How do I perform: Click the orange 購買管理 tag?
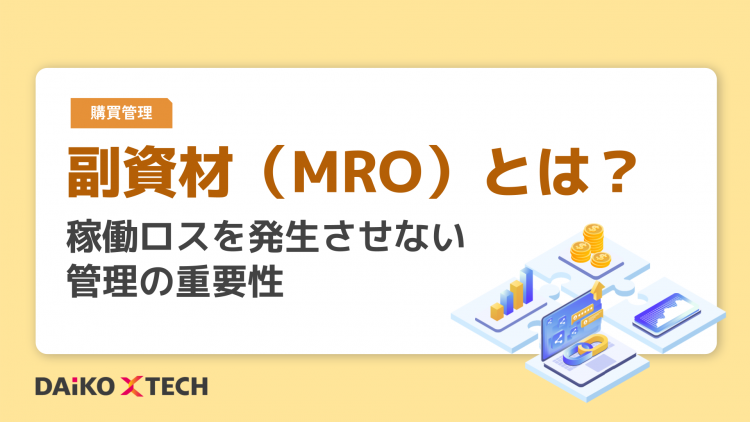[122, 113]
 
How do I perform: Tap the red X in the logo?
[134, 386]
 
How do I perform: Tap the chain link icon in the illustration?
[588, 351]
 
